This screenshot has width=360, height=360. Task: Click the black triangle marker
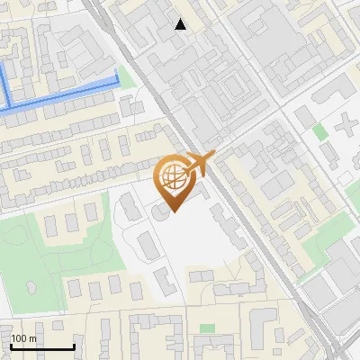tap(181, 24)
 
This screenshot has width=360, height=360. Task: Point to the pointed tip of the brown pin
tap(174, 211)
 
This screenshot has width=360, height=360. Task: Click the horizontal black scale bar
tap(42, 347)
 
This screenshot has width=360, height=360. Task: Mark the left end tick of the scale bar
tap(11, 346)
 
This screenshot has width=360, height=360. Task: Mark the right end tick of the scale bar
tap(74, 346)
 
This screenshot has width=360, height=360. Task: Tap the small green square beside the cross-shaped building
tap(320, 132)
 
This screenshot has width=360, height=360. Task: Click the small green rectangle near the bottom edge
tap(208, 328)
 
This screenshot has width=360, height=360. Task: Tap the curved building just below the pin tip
tap(162, 212)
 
